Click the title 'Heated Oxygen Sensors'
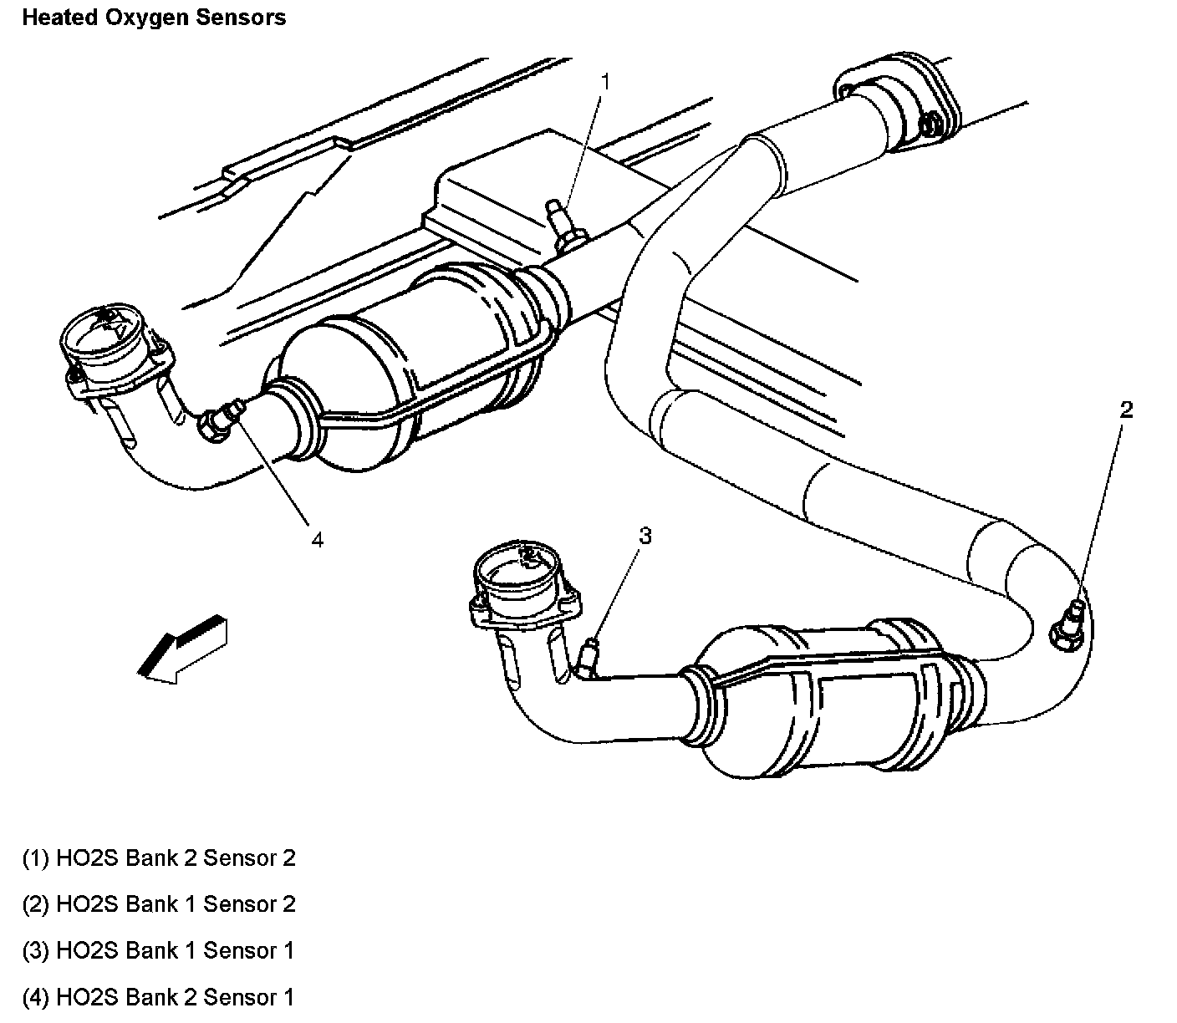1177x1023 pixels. click(154, 18)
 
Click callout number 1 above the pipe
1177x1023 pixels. click(605, 81)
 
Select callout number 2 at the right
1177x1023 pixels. click(1126, 410)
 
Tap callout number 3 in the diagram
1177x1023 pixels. click(644, 536)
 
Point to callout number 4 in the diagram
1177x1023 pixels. click(317, 540)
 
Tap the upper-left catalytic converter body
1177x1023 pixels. click(401, 368)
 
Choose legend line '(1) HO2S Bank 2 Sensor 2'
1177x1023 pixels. click(159, 858)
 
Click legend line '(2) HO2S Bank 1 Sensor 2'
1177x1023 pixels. click(159, 904)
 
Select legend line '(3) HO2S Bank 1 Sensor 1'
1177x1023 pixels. click(159, 950)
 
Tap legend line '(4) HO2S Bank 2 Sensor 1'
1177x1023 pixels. click(159, 997)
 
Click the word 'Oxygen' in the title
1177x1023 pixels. click(140, 18)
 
